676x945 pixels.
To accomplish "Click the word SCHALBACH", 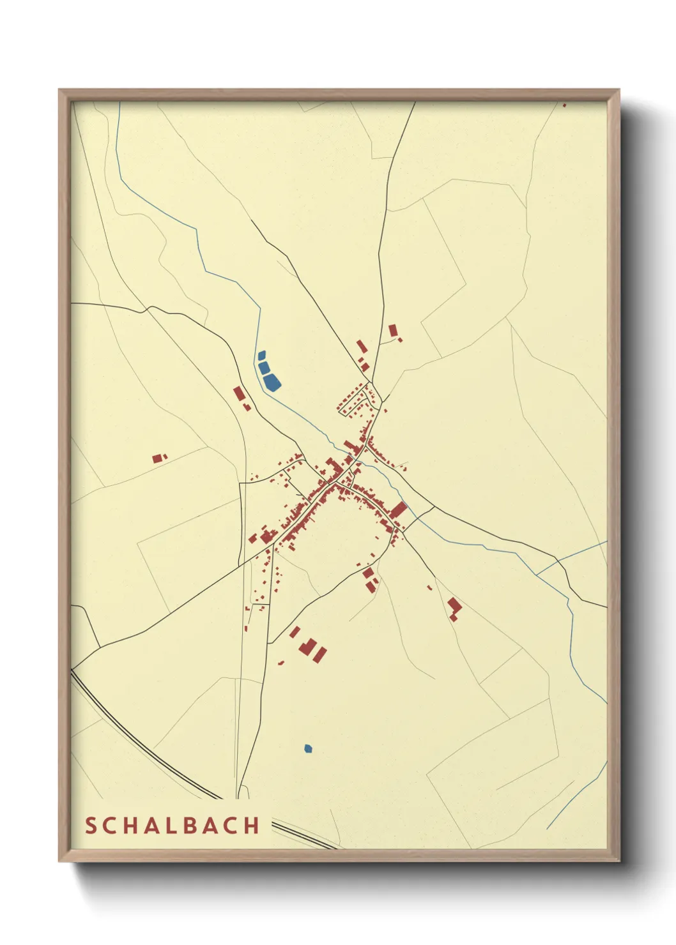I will [173, 826].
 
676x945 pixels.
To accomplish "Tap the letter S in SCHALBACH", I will [90, 826].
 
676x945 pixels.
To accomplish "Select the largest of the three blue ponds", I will [272, 382].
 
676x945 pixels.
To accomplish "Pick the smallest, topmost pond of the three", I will [261, 355].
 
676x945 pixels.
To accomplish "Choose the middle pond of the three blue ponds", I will [264, 367].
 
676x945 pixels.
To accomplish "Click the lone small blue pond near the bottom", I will [308, 748].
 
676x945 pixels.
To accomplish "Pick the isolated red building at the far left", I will [157, 458].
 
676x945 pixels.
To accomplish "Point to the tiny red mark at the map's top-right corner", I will [564, 105].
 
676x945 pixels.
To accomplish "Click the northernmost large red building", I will [393, 330].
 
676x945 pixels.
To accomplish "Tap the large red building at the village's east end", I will [399, 510].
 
